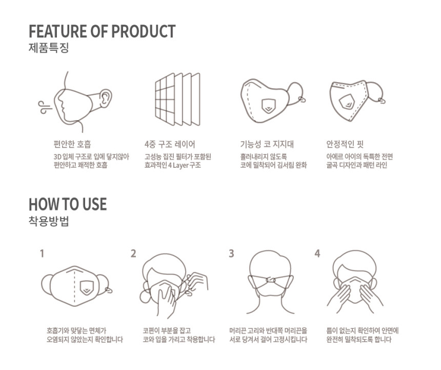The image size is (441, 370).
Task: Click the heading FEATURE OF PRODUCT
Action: click(x=102, y=31)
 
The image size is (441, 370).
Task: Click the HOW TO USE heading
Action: click(x=68, y=204)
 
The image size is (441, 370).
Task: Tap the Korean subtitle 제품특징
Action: click(x=49, y=48)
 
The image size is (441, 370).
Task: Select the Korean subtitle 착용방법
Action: click(x=49, y=222)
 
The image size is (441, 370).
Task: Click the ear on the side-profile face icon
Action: click(x=105, y=99)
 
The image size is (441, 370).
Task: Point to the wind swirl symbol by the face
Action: click(x=45, y=107)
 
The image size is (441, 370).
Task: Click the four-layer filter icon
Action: click(x=177, y=100)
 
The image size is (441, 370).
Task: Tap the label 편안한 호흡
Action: click(x=72, y=144)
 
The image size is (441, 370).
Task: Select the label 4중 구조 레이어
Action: click(x=170, y=144)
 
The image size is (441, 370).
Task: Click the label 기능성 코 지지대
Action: click(x=267, y=144)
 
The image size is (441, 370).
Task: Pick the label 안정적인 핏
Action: click(x=345, y=144)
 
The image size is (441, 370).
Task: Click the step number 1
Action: click(x=42, y=254)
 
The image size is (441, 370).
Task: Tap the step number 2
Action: click(x=133, y=254)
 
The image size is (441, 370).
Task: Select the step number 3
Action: click(x=231, y=254)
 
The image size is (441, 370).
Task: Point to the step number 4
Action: click(x=317, y=254)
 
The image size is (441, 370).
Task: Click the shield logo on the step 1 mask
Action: click(x=87, y=288)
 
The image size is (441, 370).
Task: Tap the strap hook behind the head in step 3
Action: click(x=271, y=280)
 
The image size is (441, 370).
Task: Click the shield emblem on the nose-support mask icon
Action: click(x=269, y=106)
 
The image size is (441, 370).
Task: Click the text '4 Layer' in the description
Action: click(x=178, y=165)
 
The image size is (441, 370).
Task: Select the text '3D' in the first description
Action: click(x=57, y=157)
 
